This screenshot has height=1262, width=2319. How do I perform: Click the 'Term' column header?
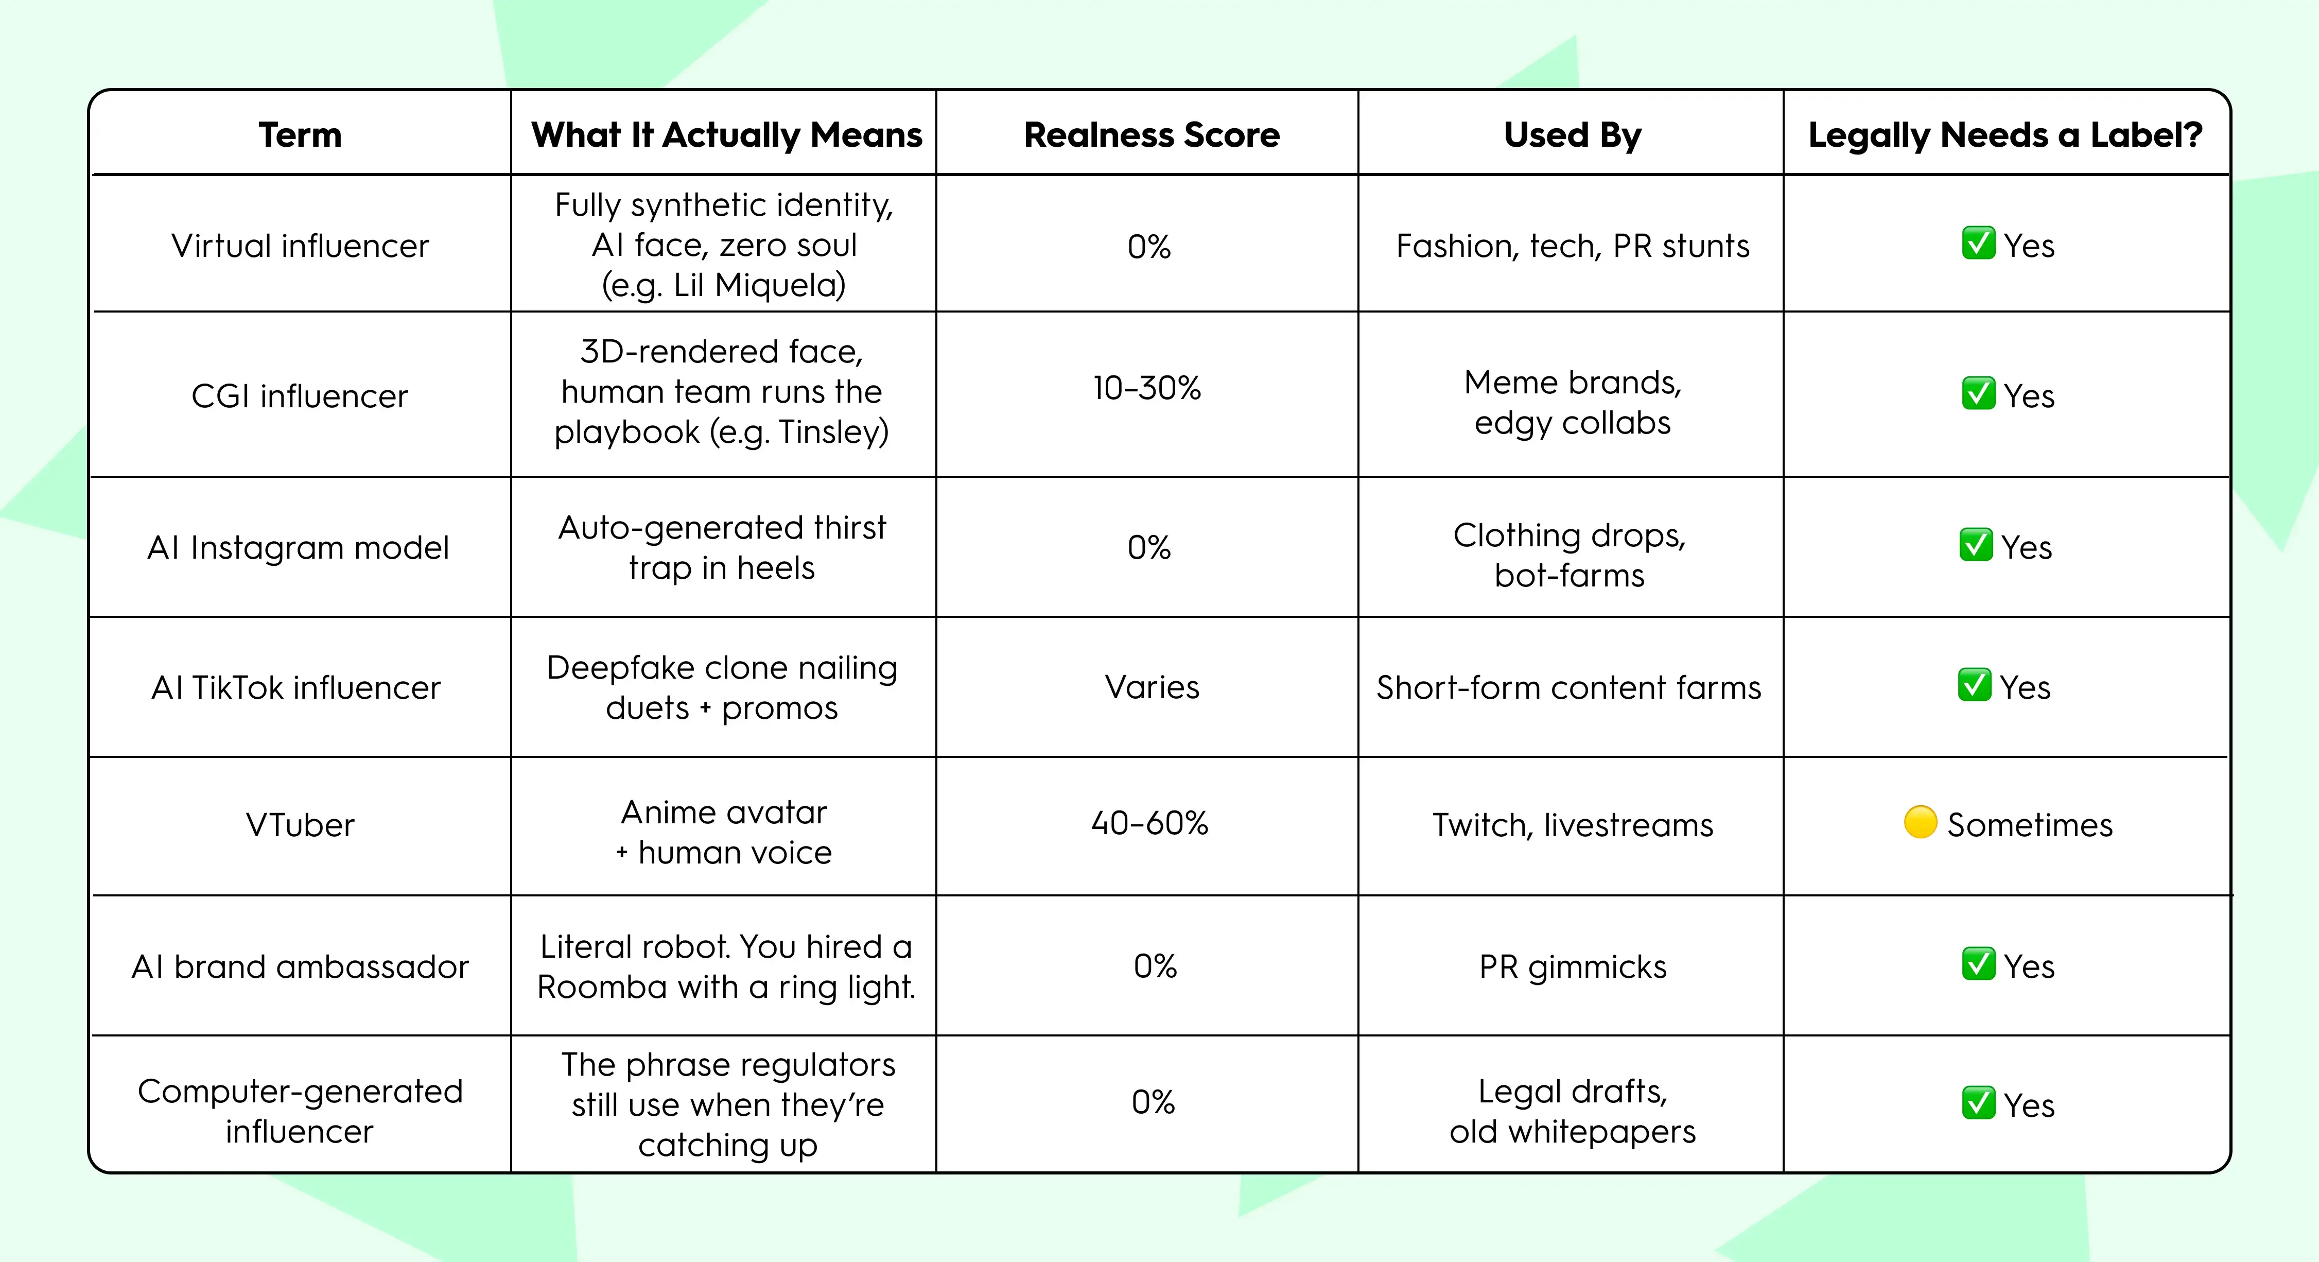300,135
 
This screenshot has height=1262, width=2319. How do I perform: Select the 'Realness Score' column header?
1152,135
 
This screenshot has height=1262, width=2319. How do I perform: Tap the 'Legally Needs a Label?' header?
2005,135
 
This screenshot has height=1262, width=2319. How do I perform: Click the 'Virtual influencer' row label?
300,246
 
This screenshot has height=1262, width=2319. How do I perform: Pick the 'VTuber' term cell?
300,824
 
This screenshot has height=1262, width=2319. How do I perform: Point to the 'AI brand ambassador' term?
300,967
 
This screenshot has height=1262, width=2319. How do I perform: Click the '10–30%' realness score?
1147,388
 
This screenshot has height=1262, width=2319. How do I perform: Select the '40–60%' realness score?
1149,823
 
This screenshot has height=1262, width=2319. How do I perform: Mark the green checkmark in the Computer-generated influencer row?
1978,1103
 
